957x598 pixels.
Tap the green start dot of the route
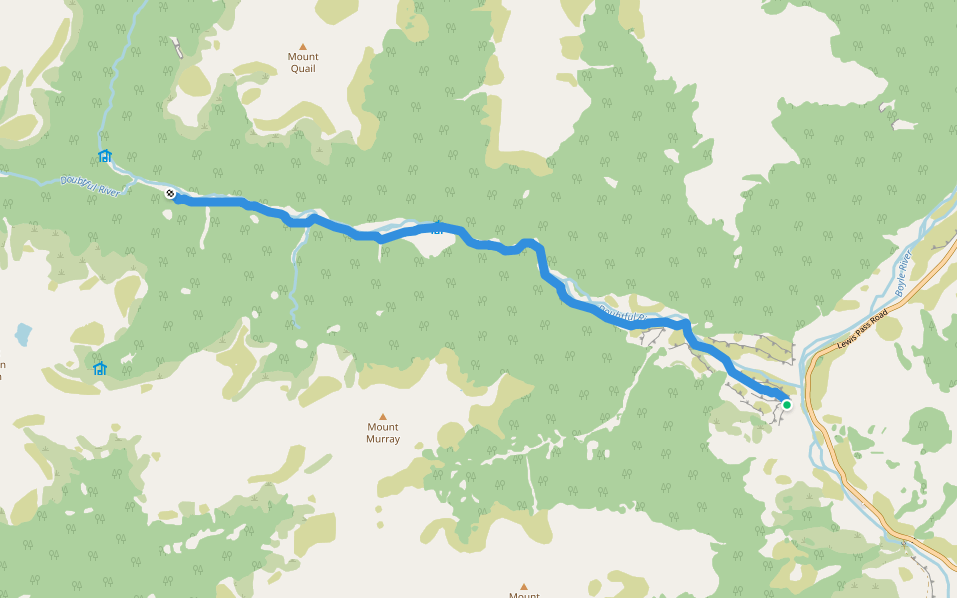click(786, 404)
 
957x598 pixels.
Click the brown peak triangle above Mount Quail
click(303, 45)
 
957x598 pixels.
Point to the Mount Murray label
click(383, 433)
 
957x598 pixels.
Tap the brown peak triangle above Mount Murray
click(382, 416)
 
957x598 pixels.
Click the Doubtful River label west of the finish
click(89, 185)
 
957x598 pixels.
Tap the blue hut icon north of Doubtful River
click(105, 156)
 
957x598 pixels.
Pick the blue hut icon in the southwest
click(99, 368)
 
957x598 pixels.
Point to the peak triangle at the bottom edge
click(524, 586)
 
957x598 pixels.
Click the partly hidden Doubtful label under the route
click(624, 315)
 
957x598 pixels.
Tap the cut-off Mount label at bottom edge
click(524, 595)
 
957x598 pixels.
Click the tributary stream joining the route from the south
click(295, 279)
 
